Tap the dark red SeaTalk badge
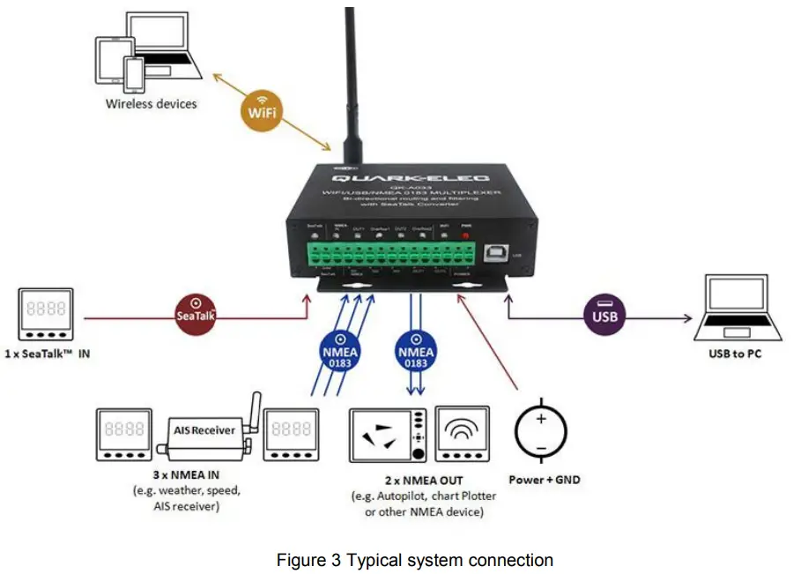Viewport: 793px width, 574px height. pos(195,310)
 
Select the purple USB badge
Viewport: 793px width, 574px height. pos(605,314)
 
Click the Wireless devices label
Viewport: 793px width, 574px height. pos(152,103)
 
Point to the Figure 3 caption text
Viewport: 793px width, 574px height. pos(415,560)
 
